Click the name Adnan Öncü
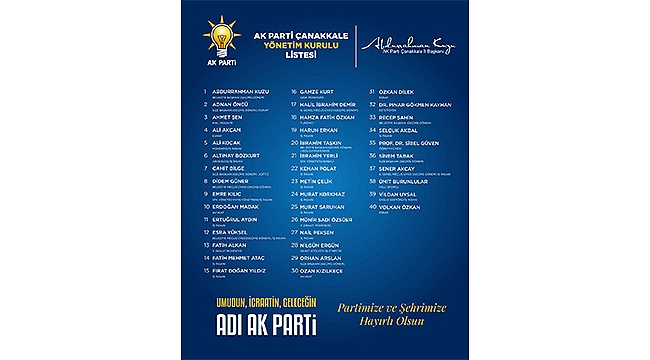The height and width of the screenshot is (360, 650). pyautogui.click(x=224, y=103)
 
